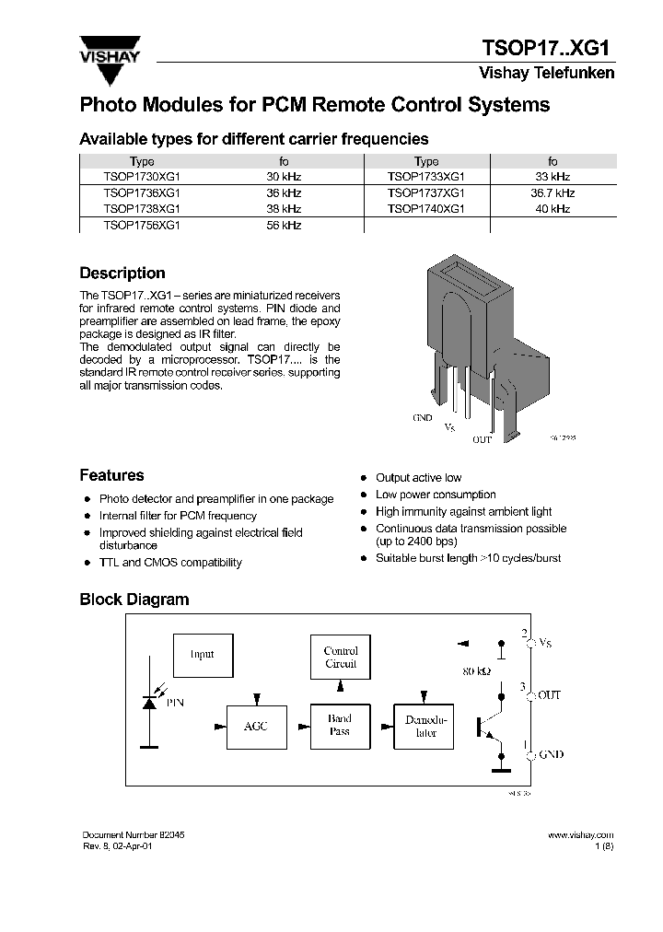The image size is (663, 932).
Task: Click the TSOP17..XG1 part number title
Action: click(x=548, y=48)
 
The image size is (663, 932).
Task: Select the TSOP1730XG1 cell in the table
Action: click(x=142, y=176)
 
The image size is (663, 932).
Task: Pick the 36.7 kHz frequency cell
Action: click(x=552, y=192)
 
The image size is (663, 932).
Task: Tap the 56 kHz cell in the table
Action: click(x=284, y=225)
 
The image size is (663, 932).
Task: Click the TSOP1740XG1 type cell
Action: click(x=426, y=209)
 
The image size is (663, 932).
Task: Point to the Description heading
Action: click(x=122, y=274)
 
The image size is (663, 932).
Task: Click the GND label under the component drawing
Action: click(x=422, y=417)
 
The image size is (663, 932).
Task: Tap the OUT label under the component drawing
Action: click(x=482, y=440)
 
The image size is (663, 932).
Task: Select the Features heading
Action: click(x=111, y=476)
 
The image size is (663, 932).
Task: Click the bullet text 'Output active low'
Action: click(x=418, y=478)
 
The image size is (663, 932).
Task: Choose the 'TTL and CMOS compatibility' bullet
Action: click(x=170, y=563)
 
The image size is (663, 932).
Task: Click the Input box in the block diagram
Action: click(x=203, y=655)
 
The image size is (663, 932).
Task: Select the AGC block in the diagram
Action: click(x=256, y=727)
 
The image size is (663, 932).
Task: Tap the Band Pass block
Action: click(x=340, y=726)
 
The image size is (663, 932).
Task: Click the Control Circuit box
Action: click(x=341, y=658)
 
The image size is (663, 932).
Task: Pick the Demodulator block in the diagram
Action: click(x=425, y=727)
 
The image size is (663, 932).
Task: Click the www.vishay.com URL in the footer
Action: click(x=580, y=833)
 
